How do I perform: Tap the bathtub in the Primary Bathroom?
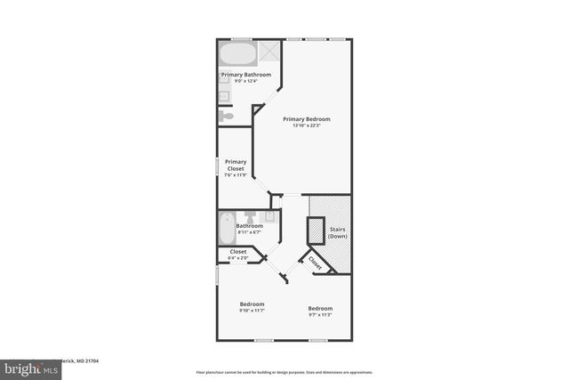(x=237, y=52)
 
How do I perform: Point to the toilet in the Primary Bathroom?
(x=227, y=116)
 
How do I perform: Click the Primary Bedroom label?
(x=307, y=119)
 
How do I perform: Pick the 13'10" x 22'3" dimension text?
(x=307, y=125)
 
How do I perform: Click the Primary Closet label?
(x=236, y=165)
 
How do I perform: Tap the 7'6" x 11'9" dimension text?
(x=236, y=175)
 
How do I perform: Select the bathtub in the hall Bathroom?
(x=226, y=228)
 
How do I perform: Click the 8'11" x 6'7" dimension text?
(x=249, y=232)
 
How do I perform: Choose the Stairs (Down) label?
(x=338, y=233)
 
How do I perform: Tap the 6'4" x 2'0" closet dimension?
(x=238, y=258)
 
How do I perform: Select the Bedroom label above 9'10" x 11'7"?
(x=252, y=304)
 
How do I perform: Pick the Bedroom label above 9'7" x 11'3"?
(x=320, y=308)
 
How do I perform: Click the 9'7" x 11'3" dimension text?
(x=320, y=314)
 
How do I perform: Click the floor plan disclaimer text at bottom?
(x=284, y=371)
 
